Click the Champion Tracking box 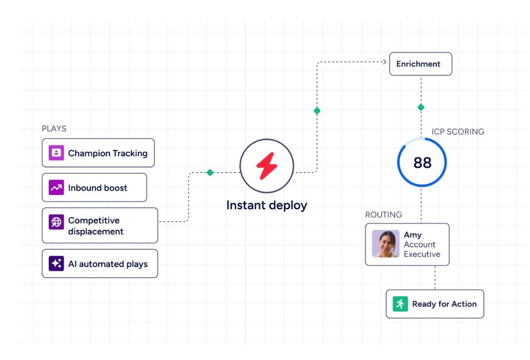[x=98, y=153]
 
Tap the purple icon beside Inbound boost [x=56, y=188]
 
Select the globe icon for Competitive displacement [x=56, y=222]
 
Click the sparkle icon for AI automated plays [x=56, y=264]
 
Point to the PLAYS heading [x=54, y=128]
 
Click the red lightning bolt [x=266, y=166]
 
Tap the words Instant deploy [x=266, y=205]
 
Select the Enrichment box [x=420, y=64]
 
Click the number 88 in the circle [x=422, y=162]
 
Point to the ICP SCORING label [x=457, y=132]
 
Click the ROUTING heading [x=383, y=214]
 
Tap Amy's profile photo [x=385, y=244]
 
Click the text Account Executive [x=421, y=249]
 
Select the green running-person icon [x=400, y=304]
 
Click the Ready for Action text [x=444, y=304]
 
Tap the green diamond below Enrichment [x=421, y=107]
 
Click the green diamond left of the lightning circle [x=210, y=172]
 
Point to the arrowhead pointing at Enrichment [x=384, y=61]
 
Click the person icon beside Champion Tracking [x=56, y=153]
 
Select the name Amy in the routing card [x=413, y=235]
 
